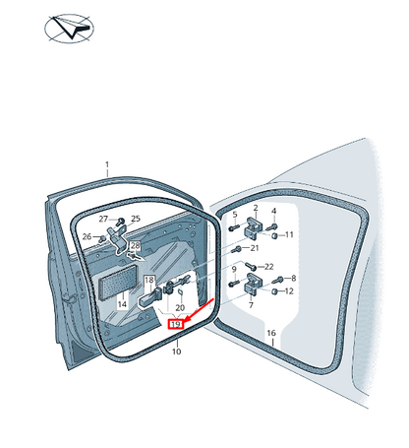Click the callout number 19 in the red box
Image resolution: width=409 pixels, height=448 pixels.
point(176,325)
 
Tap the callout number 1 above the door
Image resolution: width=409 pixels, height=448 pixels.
point(107,164)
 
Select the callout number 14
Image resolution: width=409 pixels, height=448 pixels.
point(122,304)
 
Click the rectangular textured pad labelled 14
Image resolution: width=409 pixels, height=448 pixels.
point(118,282)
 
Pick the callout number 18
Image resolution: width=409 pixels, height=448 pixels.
point(149,280)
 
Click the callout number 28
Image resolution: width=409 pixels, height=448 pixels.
point(135,245)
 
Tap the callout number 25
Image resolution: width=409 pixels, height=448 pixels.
point(136,219)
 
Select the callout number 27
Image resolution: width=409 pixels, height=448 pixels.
point(103,219)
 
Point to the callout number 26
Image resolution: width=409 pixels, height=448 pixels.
point(87,236)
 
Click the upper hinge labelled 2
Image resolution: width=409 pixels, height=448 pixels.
point(254,227)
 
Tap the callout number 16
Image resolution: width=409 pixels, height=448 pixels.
point(271,333)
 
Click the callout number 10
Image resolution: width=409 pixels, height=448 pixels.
point(176,352)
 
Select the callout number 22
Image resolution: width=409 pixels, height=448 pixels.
point(268,267)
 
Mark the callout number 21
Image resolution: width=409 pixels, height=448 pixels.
point(255,248)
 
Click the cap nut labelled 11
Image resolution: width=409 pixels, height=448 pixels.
point(275,235)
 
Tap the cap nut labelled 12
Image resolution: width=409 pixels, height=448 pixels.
point(275,291)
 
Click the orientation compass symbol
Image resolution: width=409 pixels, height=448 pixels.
point(69,29)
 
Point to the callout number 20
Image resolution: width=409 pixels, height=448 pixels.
point(180,307)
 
